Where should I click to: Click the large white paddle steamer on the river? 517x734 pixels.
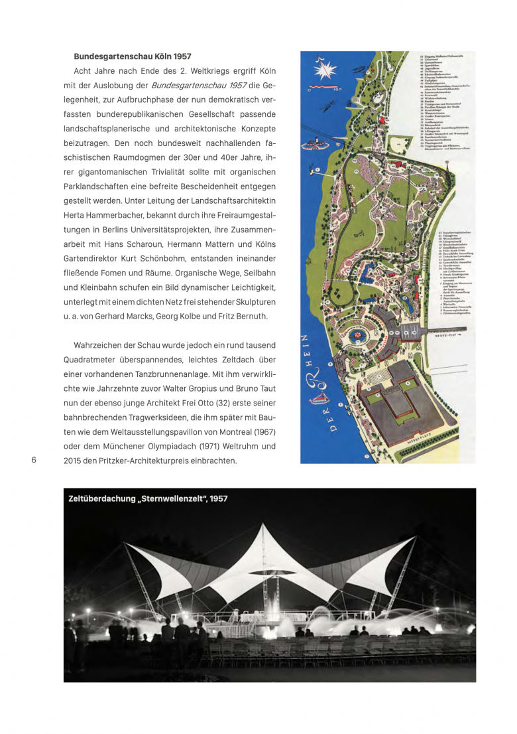point(317,144)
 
